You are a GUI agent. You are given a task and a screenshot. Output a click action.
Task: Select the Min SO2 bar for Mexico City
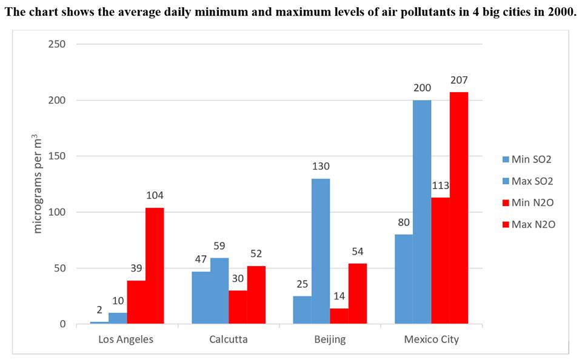[x=403, y=279]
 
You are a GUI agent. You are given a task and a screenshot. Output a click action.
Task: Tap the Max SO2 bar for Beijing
[x=321, y=251]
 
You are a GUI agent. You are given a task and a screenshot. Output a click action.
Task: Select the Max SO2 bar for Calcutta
[x=219, y=291]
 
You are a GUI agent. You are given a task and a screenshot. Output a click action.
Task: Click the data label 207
[x=459, y=80]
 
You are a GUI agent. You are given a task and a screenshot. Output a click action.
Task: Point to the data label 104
[x=155, y=196]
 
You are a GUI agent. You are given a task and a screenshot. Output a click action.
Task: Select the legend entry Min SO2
[x=527, y=160]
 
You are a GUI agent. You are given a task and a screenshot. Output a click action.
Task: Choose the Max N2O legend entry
[x=527, y=224]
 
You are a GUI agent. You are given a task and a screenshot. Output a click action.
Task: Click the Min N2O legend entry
[x=527, y=203]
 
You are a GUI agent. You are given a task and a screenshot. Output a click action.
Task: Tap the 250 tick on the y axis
[x=58, y=44]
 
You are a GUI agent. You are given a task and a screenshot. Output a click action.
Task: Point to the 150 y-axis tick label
[x=58, y=156]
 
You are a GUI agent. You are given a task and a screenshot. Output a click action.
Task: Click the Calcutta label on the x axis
[x=228, y=339]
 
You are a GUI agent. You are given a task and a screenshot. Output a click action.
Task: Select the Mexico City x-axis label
[x=431, y=339]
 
